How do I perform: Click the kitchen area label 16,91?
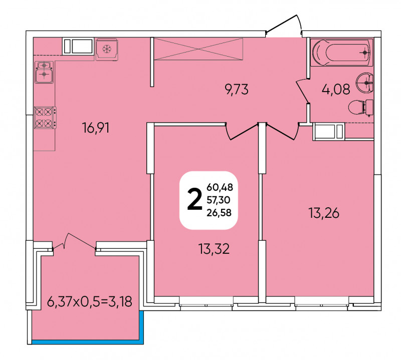tap(96, 128)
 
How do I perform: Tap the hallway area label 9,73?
tap(237, 90)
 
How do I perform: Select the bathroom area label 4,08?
tap(336, 90)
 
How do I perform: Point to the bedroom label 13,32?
tap(214, 249)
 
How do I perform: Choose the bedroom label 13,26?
tap(324, 213)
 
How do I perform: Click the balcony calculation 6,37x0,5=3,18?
tap(90, 302)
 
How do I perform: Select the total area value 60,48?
tap(220, 188)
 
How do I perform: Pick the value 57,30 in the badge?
tap(219, 200)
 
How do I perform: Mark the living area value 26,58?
tap(219, 213)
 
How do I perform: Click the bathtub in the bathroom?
tap(342, 53)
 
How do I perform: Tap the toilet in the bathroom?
tap(360, 108)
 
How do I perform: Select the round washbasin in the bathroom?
tap(365, 83)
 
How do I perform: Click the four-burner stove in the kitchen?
tap(45, 118)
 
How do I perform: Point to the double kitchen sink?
tap(44, 72)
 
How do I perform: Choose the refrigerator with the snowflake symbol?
tap(107, 49)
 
